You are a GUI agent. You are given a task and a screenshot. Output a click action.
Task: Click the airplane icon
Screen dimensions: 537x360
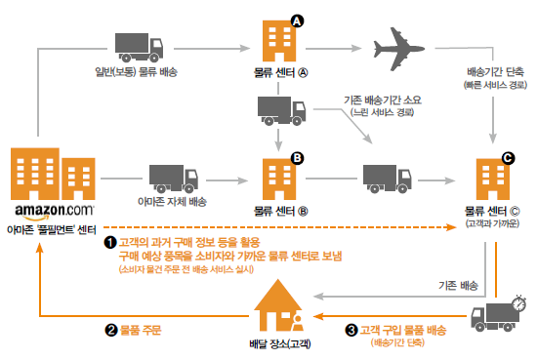(x=398, y=49)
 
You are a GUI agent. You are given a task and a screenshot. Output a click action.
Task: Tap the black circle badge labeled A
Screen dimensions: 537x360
(x=297, y=21)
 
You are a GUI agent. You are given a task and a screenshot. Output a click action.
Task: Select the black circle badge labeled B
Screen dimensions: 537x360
(x=297, y=158)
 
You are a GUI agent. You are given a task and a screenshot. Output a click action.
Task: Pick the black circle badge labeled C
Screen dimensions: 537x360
(x=509, y=158)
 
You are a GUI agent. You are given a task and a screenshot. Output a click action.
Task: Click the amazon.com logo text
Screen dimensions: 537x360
(x=54, y=211)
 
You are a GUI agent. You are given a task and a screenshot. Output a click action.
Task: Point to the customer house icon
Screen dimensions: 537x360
(x=278, y=305)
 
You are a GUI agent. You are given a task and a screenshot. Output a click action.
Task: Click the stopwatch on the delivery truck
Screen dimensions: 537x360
(x=519, y=302)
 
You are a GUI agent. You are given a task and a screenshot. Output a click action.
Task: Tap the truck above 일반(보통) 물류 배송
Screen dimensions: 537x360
(x=139, y=48)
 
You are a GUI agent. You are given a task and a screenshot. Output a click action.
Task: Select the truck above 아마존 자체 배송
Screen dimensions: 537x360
(x=173, y=179)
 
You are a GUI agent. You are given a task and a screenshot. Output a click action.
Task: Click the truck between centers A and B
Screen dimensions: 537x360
(x=281, y=110)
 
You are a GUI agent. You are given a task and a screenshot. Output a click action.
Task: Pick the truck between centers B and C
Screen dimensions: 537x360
(x=387, y=179)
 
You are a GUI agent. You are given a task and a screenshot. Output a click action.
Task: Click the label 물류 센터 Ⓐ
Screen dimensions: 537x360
(x=280, y=72)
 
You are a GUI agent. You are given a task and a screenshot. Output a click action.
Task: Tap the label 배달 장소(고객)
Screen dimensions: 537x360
(x=280, y=343)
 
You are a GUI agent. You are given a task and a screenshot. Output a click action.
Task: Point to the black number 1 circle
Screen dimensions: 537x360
(x=110, y=243)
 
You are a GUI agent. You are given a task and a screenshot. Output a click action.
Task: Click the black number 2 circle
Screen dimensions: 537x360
(x=111, y=330)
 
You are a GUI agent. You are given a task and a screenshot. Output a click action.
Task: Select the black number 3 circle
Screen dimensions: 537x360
(x=351, y=330)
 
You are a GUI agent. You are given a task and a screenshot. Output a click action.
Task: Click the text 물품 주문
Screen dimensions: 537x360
(x=141, y=330)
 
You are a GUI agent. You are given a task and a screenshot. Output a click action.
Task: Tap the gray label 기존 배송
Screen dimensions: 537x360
(x=458, y=285)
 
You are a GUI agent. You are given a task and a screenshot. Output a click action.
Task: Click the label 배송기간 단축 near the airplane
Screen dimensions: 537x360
(x=495, y=72)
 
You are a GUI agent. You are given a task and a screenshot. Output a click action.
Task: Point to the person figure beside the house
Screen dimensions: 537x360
(x=297, y=323)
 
